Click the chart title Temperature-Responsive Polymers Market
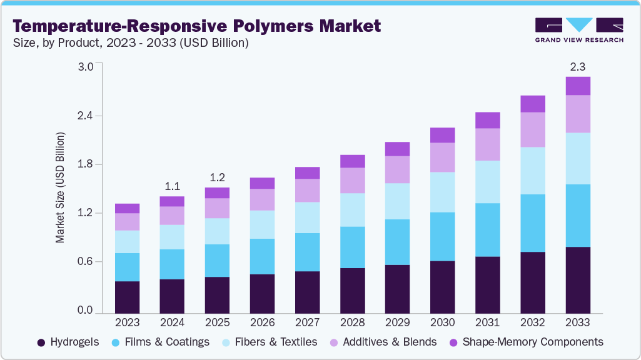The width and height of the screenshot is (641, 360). click(196, 26)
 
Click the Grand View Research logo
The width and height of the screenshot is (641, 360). click(578, 30)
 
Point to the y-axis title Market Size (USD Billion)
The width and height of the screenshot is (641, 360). click(60, 187)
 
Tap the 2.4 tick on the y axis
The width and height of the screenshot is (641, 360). click(85, 116)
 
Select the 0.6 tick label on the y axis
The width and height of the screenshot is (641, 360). click(85, 261)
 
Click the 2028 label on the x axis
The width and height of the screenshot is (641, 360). click(352, 322)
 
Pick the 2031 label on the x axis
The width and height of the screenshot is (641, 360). click(487, 322)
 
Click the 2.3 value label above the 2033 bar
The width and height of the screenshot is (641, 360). click(577, 66)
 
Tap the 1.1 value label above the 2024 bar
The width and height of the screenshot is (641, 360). click(172, 186)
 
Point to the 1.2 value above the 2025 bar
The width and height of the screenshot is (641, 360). click(217, 177)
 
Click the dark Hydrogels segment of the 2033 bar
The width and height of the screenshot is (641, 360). click(577, 279)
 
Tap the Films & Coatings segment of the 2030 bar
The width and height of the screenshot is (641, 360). click(442, 236)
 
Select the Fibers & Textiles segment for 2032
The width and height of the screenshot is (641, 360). click(532, 171)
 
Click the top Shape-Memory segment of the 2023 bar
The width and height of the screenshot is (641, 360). click(127, 208)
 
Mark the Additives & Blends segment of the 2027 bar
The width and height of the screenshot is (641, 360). click(307, 190)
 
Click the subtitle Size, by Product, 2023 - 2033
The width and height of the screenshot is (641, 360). click(131, 43)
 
